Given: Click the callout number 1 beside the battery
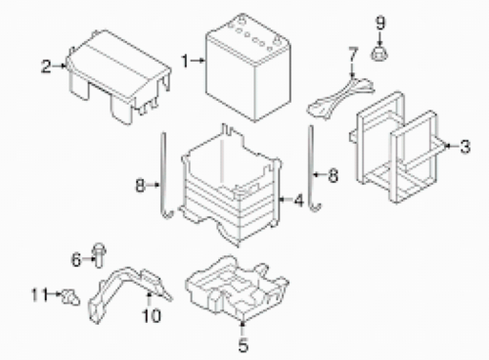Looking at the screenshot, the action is (185, 61).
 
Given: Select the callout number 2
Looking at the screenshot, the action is (46, 67).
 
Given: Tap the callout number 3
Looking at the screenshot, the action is (466, 146).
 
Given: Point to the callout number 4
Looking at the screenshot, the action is (298, 200).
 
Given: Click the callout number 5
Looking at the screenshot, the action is (244, 344).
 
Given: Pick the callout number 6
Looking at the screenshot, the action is (76, 260).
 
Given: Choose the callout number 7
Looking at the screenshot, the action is (353, 55).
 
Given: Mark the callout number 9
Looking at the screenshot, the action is (380, 22).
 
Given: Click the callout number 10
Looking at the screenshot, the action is (152, 316).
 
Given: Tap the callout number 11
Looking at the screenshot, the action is (40, 294).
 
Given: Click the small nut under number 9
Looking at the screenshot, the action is (379, 54).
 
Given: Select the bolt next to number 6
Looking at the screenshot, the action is (99, 255).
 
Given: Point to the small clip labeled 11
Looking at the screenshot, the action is (71, 296).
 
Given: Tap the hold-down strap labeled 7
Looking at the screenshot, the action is (340, 96).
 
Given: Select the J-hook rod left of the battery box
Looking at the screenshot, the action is (164, 176).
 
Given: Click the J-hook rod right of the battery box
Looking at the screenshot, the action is (312, 169).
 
